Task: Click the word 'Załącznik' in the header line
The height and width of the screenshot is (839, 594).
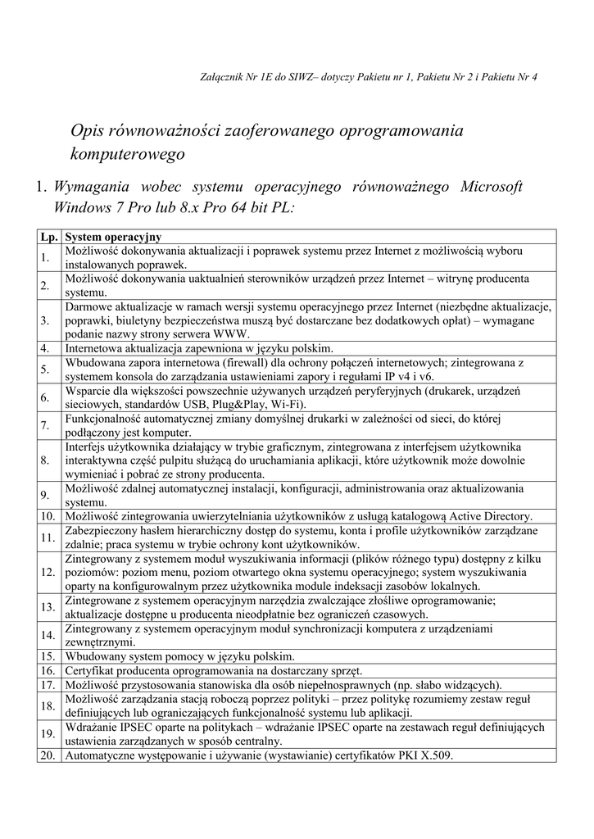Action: point(223,77)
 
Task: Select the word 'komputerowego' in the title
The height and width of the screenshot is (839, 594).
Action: point(128,153)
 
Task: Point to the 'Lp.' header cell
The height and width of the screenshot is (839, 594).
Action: point(49,237)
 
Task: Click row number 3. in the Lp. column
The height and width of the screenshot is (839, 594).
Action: point(45,320)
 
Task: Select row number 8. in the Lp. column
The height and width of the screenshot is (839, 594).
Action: point(45,460)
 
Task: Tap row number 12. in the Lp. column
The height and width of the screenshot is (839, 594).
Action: point(47,572)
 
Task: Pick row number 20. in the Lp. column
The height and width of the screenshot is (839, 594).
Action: point(47,755)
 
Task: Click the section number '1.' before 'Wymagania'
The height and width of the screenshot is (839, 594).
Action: point(43,187)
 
